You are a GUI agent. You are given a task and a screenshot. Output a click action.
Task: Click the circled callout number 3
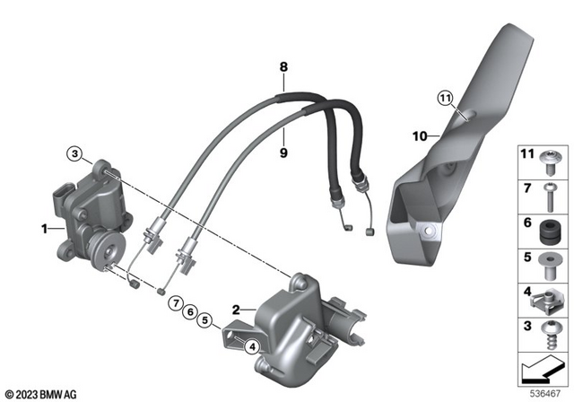click(x=77, y=153)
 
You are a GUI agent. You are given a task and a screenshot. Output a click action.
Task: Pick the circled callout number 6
click(x=190, y=310)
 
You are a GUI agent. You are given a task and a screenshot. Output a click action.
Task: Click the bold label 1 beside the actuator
click(x=43, y=230)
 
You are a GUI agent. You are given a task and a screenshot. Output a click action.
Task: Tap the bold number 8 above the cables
click(x=283, y=66)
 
